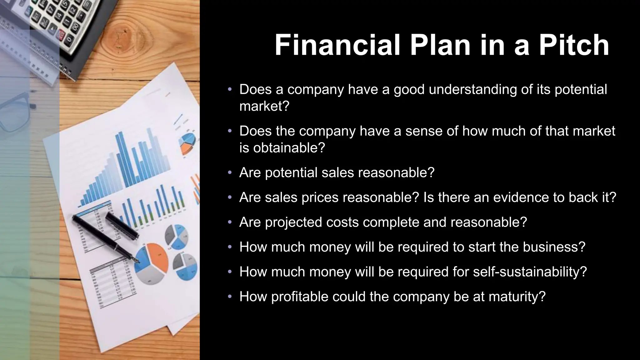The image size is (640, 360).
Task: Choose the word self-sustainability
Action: (529, 272)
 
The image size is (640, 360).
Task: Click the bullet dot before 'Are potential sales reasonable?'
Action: (230, 172)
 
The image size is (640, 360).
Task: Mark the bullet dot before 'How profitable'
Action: (230, 297)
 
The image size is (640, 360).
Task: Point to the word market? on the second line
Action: (264, 107)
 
